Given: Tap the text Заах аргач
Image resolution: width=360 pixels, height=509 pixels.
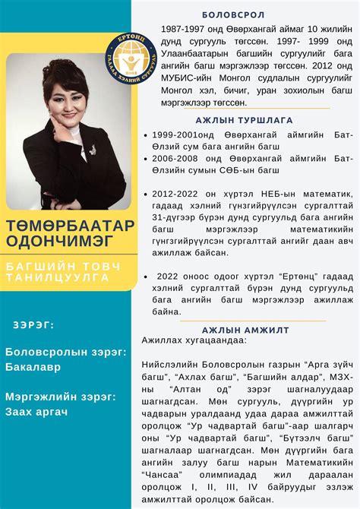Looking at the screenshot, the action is tap(36, 411).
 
